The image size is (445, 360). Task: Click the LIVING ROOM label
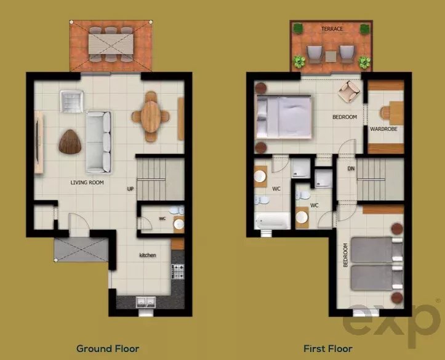click(x=87, y=182)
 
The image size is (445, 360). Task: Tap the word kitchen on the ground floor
click(x=148, y=255)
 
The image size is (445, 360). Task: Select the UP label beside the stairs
click(x=130, y=189)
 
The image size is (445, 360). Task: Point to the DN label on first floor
click(x=351, y=169)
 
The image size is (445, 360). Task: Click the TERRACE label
click(x=332, y=29)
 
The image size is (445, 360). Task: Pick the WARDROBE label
click(x=383, y=129)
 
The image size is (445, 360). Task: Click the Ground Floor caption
click(x=108, y=348)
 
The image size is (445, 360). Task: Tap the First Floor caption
click(x=328, y=348)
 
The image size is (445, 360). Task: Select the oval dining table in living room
click(x=150, y=116)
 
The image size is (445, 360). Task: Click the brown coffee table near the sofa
click(x=70, y=142)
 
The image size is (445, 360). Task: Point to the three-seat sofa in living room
click(x=98, y=142)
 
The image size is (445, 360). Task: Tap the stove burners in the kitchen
click(x=178, y=271)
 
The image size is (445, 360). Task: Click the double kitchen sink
click(x=146, y=302)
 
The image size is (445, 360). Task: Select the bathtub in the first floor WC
click(x=272, y=221)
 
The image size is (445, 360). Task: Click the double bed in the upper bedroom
click(x=284, y=117)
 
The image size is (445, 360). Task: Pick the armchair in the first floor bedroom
click(x=349, y=91)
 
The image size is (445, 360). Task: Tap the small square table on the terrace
click(x=331, y=56)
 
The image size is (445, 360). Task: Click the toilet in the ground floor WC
click(x=177, y=210)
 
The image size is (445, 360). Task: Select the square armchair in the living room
click(x=71, y=102)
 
